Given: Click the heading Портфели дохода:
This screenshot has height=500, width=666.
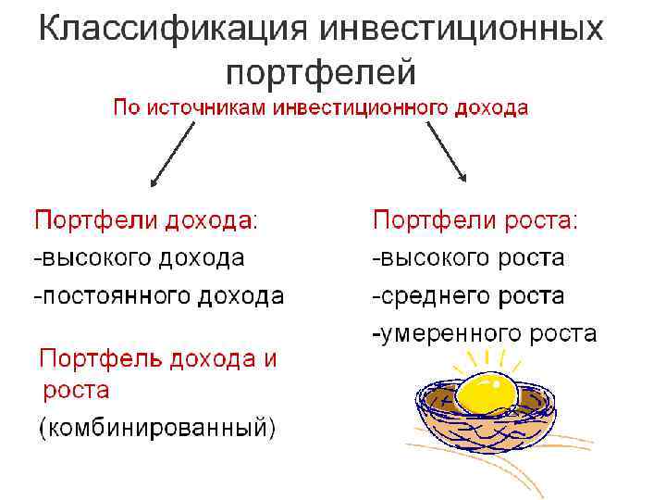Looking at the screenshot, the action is tap(146, 220).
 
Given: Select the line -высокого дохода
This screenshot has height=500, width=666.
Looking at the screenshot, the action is tap(140, 257).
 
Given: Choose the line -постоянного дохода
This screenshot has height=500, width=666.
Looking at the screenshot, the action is tap(159, 296).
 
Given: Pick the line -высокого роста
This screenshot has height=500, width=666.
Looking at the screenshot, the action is tap(468, 257).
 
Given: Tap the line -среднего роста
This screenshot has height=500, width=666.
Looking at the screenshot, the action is tap(468, 296).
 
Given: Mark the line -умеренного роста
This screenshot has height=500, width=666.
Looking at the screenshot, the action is tap(485, 333).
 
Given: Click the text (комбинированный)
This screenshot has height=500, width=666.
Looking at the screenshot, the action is tap(156, 428).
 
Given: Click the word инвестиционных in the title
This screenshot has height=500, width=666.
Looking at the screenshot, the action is tap(462, 29).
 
